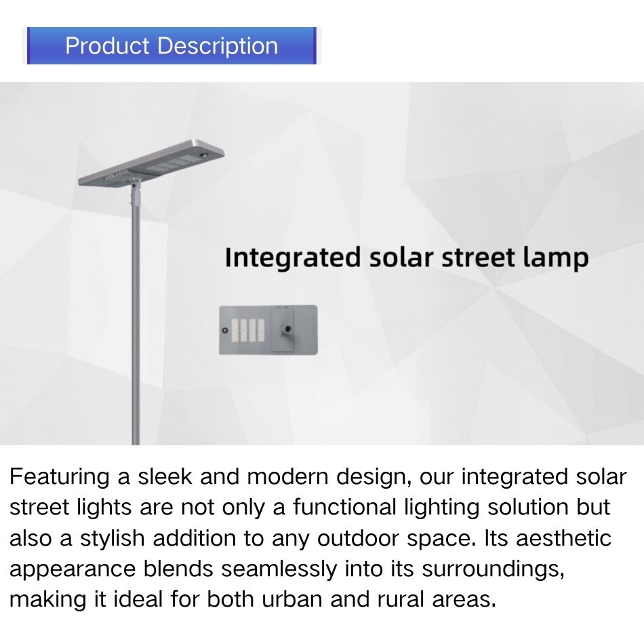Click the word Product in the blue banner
coord(107,45)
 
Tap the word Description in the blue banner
coord(218,46)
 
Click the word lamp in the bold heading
coord(556,258)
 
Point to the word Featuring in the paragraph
coord(59,478)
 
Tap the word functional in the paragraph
coord(344,507)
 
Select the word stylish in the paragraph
coord(112,539)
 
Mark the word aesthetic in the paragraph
coord(563,538)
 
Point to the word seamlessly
coord(279,569)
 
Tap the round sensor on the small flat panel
coord(224,331)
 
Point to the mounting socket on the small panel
coord(286,329)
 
